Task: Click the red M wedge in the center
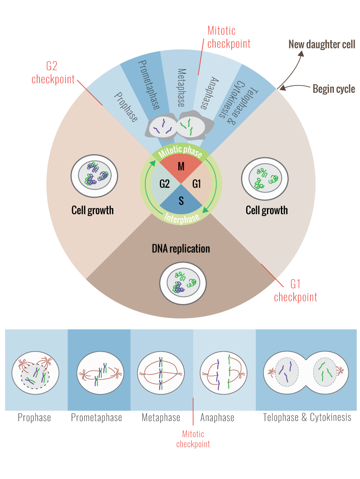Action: [181, 167]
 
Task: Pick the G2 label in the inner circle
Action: [164, 184]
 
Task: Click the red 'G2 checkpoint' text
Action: [53, 73]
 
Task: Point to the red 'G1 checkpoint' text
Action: [296, 291]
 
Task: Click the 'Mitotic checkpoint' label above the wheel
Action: [228, 37]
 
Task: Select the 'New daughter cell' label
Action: [322, 45]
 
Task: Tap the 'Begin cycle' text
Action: [334, 89]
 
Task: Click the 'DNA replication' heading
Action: [181, 249]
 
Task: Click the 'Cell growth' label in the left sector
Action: [93, 210]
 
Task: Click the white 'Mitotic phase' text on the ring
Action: [181, 151]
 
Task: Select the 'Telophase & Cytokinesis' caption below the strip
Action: [307, 418]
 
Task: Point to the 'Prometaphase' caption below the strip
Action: [96, 418]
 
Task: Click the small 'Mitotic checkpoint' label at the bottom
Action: [193, 439]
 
